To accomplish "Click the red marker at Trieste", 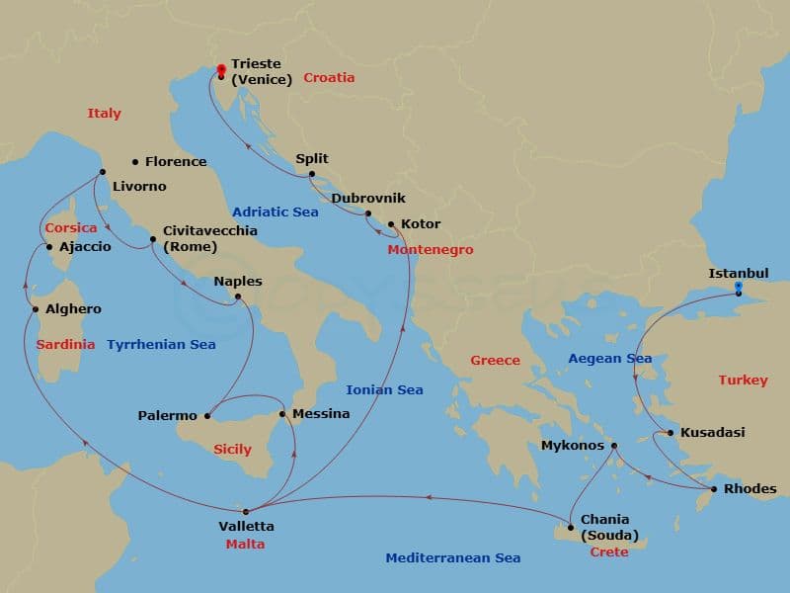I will click(x=220, y=69).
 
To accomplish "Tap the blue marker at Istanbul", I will click(x=738, y=288).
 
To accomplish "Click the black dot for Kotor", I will click(x=391, y=224).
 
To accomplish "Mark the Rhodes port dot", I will click(x=714, y=489).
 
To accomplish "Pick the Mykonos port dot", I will click(x=614, y=446).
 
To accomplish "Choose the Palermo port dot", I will click(x=208, y=416).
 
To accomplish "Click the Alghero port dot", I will click(x=36, y=309).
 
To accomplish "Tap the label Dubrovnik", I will click(x=368, y=199).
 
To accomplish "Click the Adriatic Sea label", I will click(x=276, y=212).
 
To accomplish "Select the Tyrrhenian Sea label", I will click(x=161, y=345).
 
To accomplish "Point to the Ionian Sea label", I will click(x=384, y=389).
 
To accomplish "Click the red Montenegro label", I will click(x=431, y=250).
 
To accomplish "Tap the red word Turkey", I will click(x=743, y=381).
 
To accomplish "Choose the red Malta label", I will click(x=244, y=544).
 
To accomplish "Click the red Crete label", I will click(x=608, y=552).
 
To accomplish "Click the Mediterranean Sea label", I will click(x=452, y=558).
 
